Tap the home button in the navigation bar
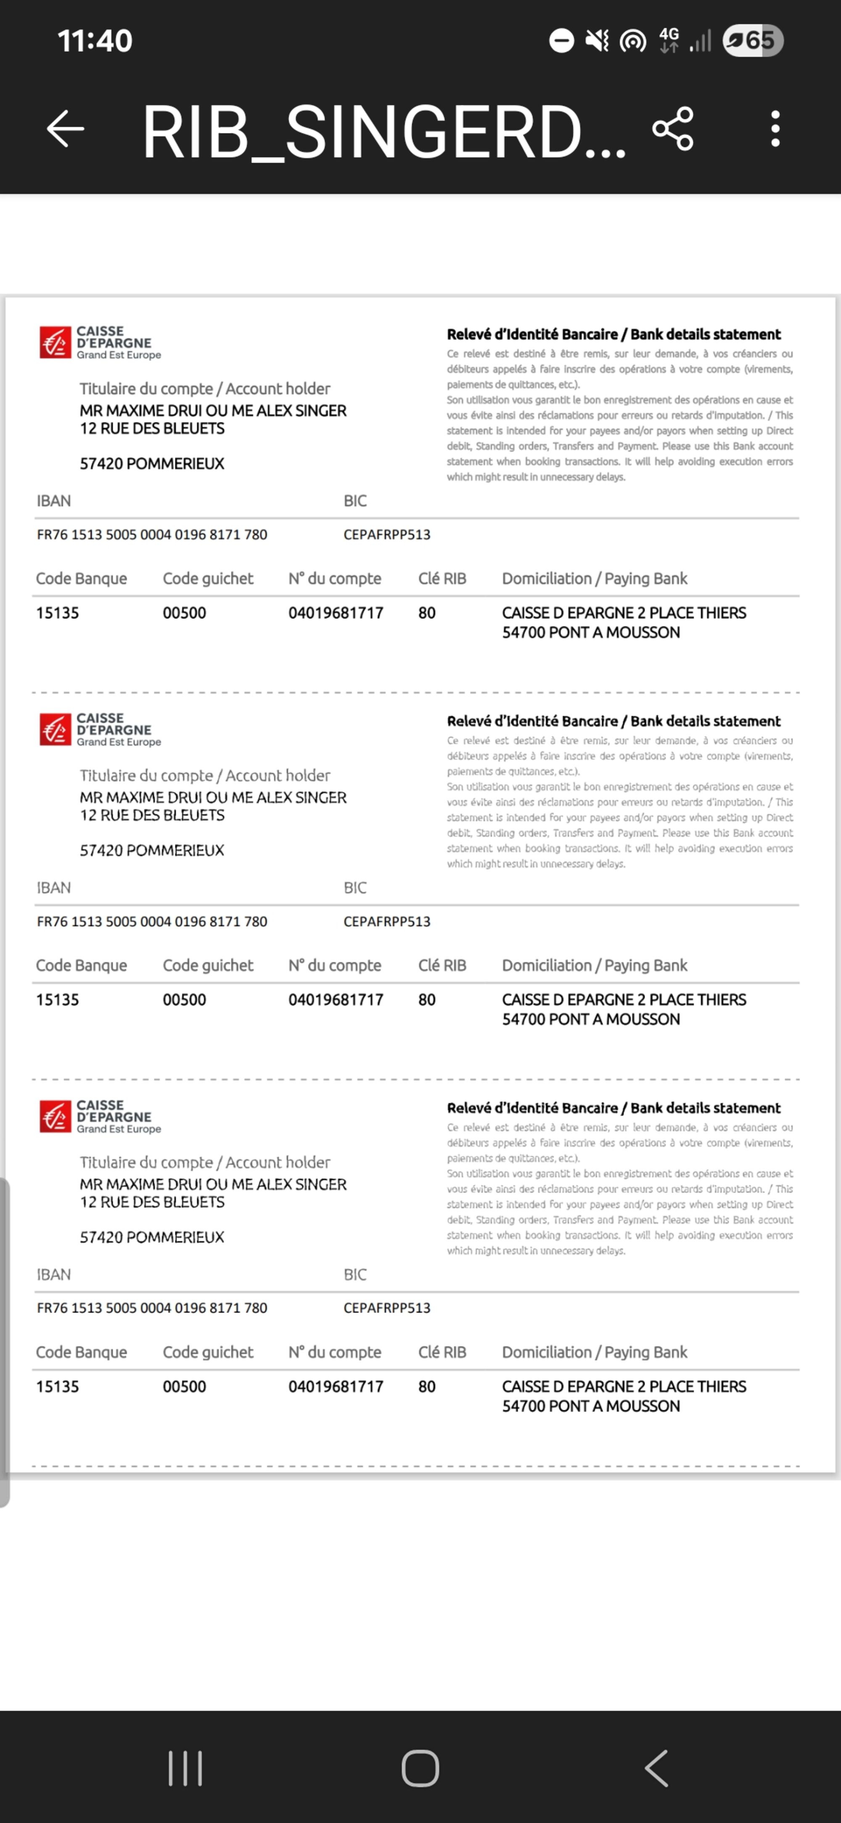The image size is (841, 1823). pyautogui.click(x=420, y=1768)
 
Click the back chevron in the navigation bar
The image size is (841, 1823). pyautogui.click(x=656, y=1768)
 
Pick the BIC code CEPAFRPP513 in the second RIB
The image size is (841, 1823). pyautogui.click(x=387, y=921)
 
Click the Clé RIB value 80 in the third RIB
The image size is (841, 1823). pyautogui.click(x=426, y=1386)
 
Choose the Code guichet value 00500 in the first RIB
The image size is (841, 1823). pyautogui.click(x=184, y=613)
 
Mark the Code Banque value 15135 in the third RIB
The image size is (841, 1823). pyautogui.click(x=57, y=1386)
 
